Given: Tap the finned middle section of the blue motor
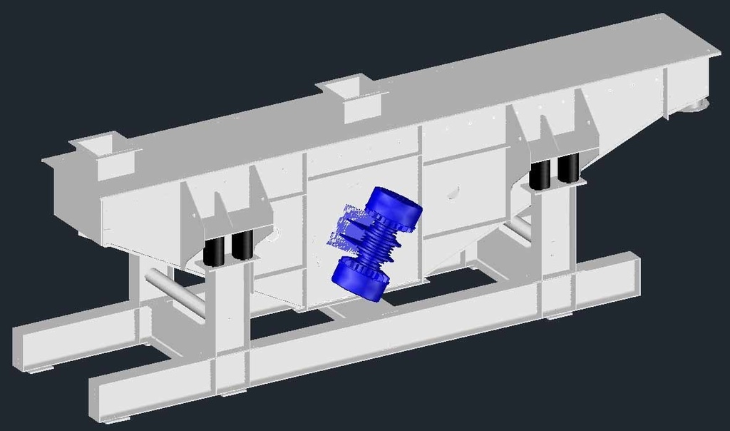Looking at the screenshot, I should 377,243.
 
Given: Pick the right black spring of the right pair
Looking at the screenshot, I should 567,168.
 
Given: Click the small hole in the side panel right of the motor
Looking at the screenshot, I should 452,193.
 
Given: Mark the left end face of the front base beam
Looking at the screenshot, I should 103,400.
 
